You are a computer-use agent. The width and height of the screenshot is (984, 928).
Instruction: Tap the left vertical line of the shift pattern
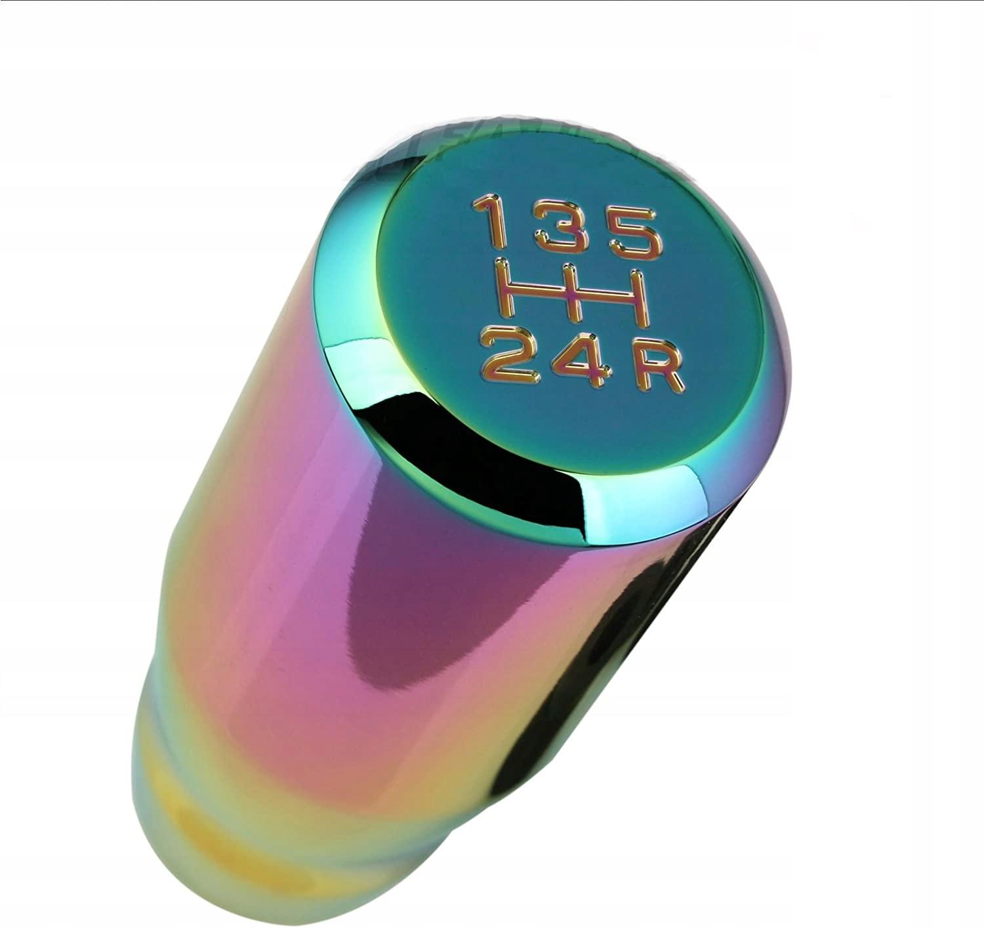pos(508,289)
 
